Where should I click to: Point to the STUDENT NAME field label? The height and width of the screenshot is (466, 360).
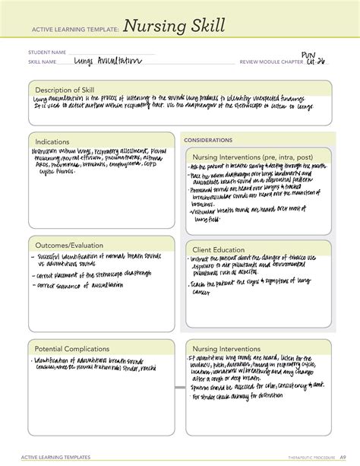(x=48, y=53)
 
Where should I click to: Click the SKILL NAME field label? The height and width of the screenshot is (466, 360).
(x=44, y=62)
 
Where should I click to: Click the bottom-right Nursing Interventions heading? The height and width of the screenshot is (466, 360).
(x=235, y=349)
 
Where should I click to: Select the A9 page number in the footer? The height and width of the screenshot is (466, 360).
(x=342, y=458)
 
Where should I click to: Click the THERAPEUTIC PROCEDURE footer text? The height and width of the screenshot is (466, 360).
(x=308, y=458)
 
